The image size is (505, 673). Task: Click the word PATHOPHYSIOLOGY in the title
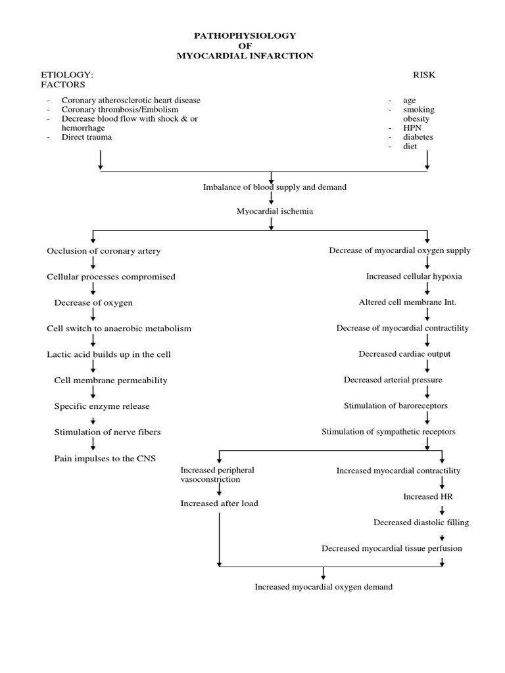coord(245,35)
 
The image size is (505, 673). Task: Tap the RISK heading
coord(423,75)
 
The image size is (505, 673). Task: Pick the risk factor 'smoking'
coord(419,110)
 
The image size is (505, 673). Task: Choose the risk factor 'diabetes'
coord(418,137)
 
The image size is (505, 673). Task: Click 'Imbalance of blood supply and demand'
coord(274,187)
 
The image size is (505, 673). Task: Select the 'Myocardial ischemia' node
coord(270,211)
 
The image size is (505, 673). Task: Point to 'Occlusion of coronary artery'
coord(103,251)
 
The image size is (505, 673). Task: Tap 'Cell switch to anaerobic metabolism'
coord(118,328)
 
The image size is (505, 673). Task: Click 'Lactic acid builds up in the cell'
coord(108,354)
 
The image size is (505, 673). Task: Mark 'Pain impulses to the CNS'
coord(105,458)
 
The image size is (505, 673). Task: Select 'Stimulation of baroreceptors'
coord(395,406)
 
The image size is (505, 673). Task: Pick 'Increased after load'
coord(219,503)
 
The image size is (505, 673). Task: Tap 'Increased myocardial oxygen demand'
coord(324,587)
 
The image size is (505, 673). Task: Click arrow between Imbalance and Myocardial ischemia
coord(271,199)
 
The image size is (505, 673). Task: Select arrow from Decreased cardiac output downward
coord(428,366)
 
